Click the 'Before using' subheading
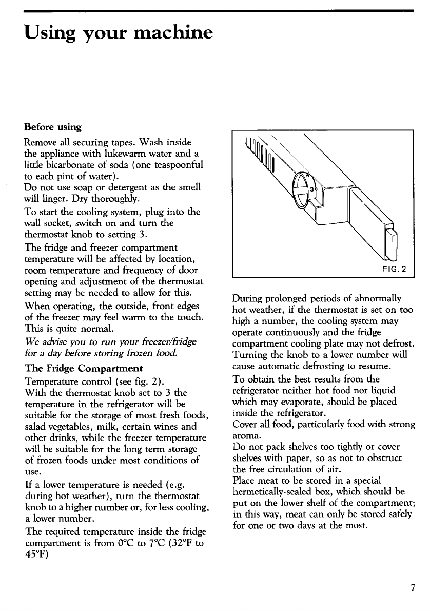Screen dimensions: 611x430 coord(53,126)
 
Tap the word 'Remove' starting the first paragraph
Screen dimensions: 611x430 coord(42,139)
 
